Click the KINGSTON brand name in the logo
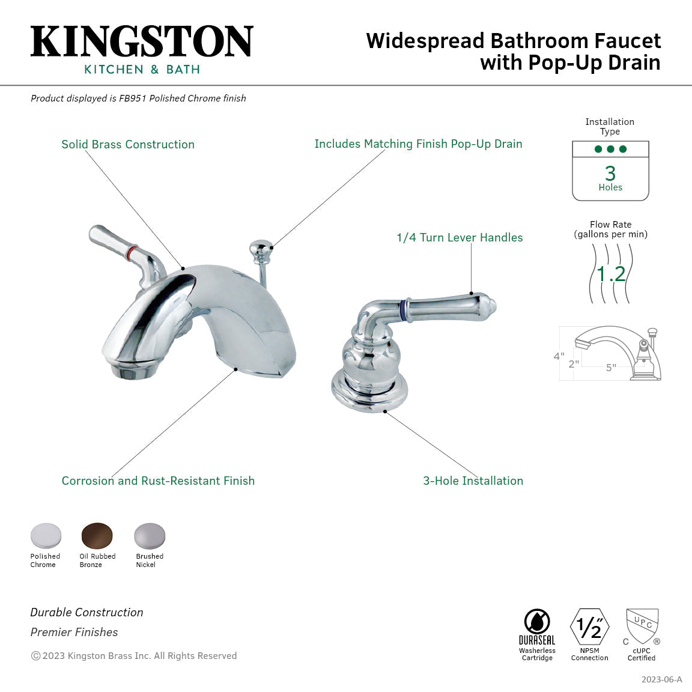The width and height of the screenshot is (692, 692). pyautogui.click(x=142, y=41)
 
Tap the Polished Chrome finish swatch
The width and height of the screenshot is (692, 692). pyautogui.click(x=46, y=535)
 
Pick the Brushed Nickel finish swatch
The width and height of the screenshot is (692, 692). pyautogui.click(x=149, y=535)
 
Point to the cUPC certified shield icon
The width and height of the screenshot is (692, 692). pyautogui.click(x=642, y=625)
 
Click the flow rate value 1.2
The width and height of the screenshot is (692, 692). pyautogui.click(x=611, y=274)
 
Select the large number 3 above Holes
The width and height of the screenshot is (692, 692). pyautogui.click(x=610, y=173)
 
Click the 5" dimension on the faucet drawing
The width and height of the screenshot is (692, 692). pyautogui.click(x=611, y=368)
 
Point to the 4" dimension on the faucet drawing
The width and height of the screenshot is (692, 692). pyautogui.click(x=559, y=356)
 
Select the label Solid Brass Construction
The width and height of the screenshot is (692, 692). pyautogui.click(x=128, y=144)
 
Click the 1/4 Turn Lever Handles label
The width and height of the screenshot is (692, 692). pyautogui.click(x=460, y=237)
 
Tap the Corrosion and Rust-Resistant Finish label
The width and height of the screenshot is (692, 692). pyautogui.click(x=158, y=481)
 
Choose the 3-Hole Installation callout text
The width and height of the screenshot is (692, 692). pyautogui.click(x=473, y=481)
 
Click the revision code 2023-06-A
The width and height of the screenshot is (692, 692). pyautogui.click(x=661, y=679)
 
